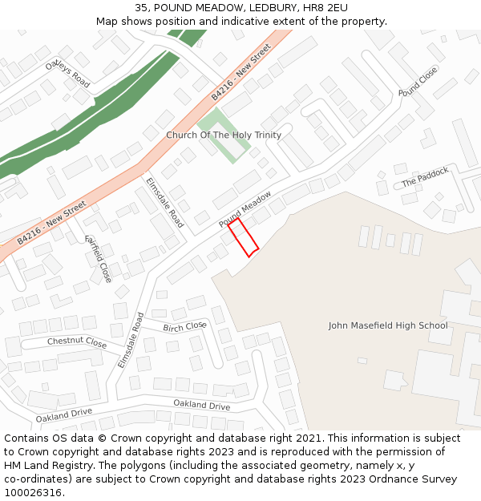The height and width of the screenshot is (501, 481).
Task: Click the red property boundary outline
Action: [243, 238]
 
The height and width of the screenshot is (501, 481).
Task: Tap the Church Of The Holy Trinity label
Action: [224, 135]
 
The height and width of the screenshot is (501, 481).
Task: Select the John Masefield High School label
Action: [388, 325]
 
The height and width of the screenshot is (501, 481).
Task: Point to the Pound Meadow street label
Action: [245, 208]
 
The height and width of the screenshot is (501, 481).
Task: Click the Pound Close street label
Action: [418, 81]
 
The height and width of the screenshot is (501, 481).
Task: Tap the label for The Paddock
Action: [425, 177]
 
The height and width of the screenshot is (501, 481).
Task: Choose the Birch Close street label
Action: [184, 327]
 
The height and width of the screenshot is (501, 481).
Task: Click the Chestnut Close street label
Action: [76, 342]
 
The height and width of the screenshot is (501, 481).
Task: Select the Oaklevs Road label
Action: [67, 73]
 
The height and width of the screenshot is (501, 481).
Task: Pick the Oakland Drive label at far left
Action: [63, 414]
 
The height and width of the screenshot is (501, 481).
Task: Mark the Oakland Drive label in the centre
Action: [202, 405]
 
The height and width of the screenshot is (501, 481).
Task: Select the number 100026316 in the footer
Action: [33, 492]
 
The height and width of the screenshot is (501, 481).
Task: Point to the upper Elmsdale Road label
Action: [164, 202]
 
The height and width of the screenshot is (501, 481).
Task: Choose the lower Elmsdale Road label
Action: [129, 340]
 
